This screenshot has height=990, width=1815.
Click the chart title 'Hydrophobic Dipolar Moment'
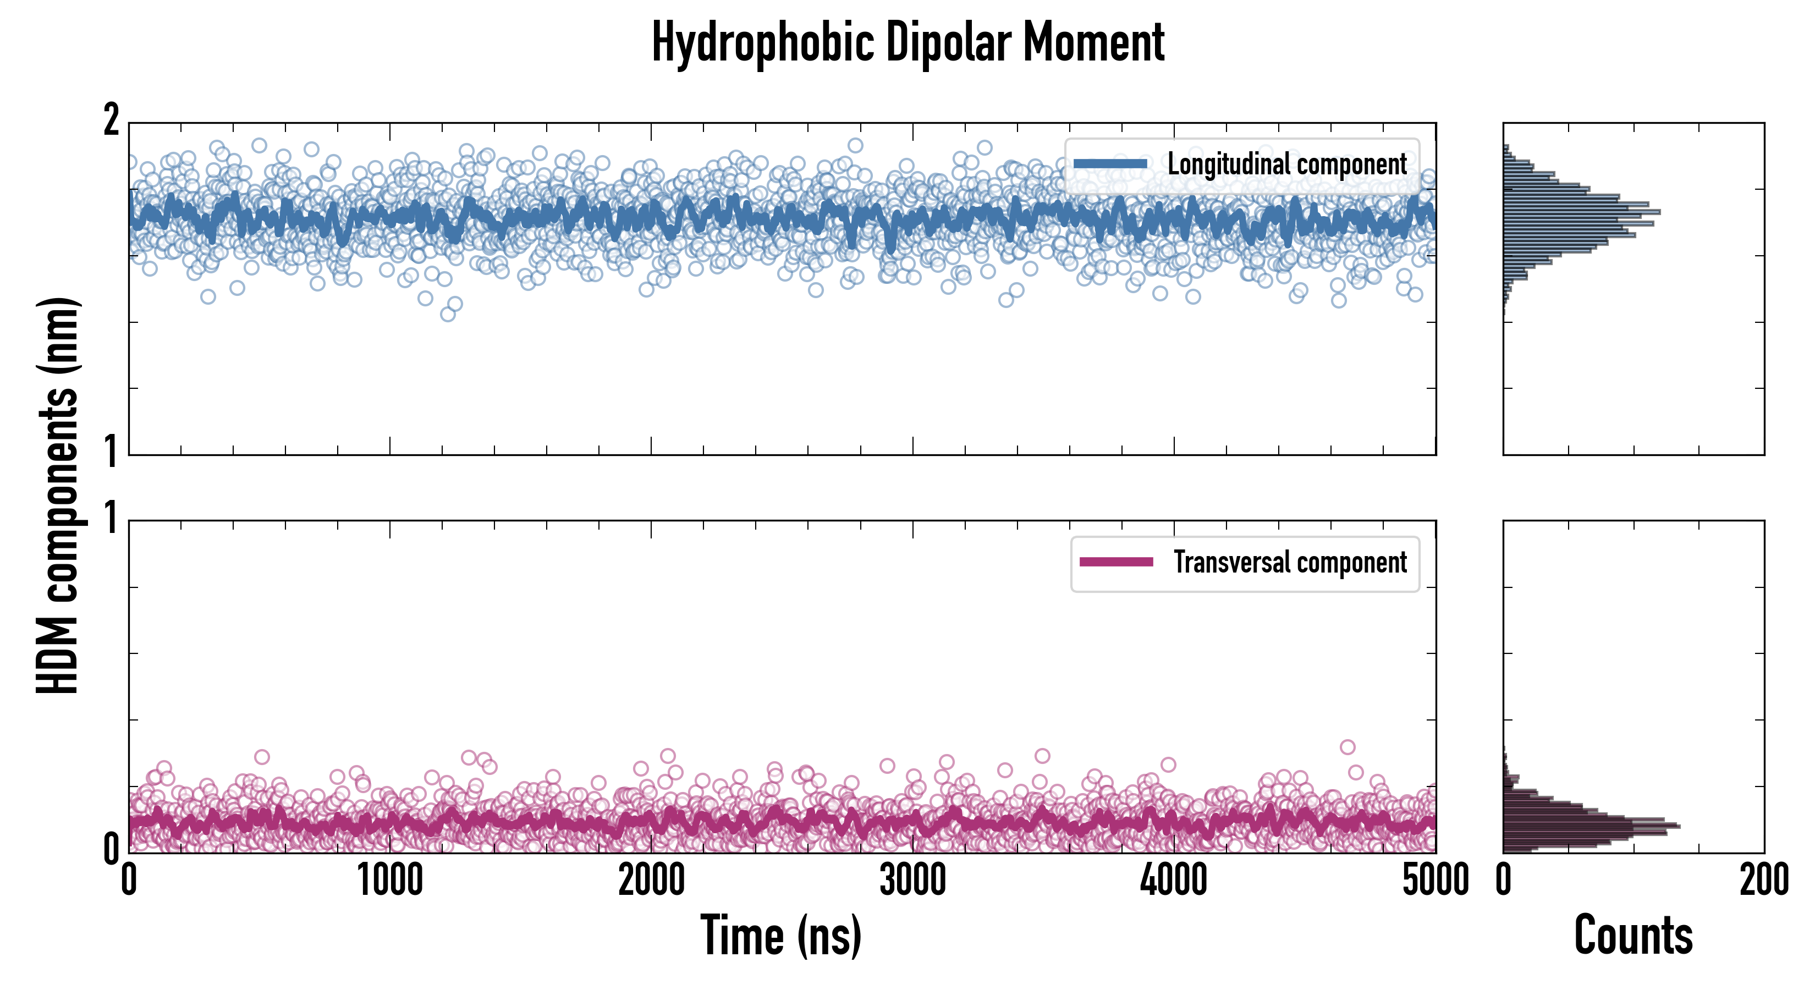[908, 42]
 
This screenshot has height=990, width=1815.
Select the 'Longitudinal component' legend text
[1286, 164]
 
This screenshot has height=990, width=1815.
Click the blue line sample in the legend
[1110, 164]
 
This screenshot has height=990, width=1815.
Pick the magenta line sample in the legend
[1116, 562]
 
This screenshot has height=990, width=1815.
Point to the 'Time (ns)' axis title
[780, 935]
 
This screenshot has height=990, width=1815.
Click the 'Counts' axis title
[1633, 935]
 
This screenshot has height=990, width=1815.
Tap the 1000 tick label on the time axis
[389, 881]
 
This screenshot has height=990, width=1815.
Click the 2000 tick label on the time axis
[651, 881]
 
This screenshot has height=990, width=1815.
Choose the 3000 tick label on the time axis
[912, 881]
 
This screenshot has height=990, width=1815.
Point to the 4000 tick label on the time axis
[1174, 881]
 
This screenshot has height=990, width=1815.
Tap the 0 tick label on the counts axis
[1504, 881]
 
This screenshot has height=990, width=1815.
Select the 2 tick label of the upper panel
[111, 121]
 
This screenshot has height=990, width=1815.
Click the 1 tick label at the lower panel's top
[111, 519]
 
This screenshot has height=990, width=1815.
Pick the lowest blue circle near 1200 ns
[447, 314]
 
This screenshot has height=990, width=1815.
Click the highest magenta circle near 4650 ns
[1347, 747]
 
